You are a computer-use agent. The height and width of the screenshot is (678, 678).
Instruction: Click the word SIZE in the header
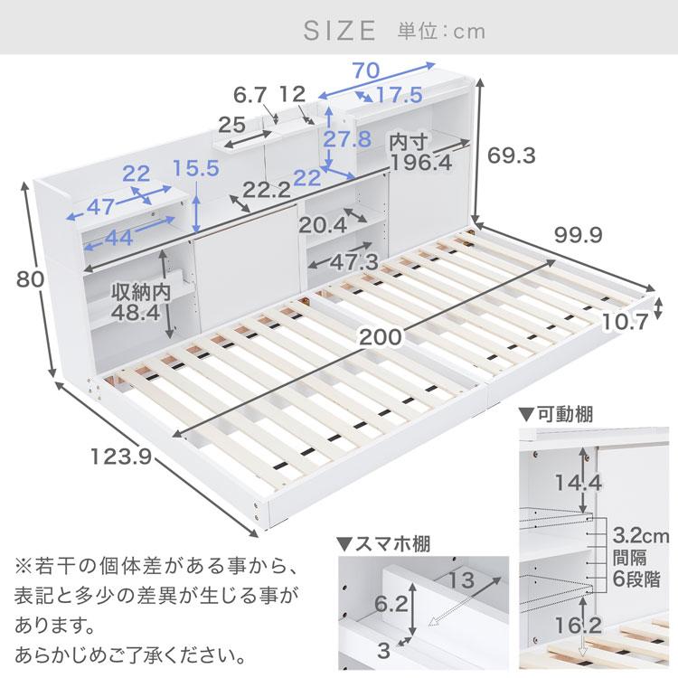339,31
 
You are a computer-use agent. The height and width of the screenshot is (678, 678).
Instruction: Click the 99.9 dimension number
579,236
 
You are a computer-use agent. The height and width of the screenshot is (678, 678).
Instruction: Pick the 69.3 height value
512,155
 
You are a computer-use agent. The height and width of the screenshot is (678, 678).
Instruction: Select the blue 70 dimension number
365,68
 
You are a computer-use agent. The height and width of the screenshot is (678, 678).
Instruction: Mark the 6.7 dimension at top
250,93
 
